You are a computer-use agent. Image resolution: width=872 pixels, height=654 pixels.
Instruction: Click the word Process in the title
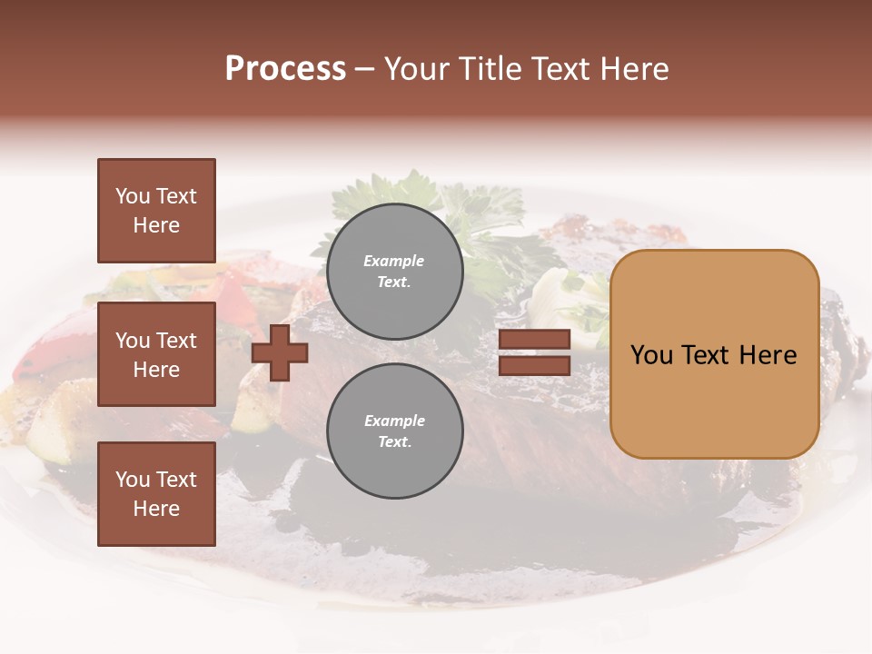(x=285, y=69)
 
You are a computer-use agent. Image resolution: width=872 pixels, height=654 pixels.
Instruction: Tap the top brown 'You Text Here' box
(x=156, y=211)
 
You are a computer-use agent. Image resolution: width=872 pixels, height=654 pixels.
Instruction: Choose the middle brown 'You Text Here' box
(x=156, y=354)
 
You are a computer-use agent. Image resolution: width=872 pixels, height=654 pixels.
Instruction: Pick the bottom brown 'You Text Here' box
(x=156, y=494)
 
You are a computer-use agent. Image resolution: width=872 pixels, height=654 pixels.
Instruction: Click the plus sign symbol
(x=280, y=352)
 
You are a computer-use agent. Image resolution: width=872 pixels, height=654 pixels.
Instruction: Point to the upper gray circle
(x=394, y=272)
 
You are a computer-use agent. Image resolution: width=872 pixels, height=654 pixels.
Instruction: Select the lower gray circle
(x=394, y=431)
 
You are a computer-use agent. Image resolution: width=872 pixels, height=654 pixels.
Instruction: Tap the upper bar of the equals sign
(x=534, y=340)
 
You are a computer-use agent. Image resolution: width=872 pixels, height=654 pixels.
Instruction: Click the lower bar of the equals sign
(x=534, y=366)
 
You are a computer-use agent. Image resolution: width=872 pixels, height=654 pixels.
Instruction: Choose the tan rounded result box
(x=714, y=354)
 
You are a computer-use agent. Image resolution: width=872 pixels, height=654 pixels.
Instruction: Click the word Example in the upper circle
(x=394, y=261)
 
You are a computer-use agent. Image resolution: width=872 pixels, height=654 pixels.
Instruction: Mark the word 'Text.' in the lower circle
(x=394, y=441)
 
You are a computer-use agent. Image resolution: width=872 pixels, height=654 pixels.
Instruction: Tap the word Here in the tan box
(x=768, y=355)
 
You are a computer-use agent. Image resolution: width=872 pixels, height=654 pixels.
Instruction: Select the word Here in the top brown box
(x=156, y=225)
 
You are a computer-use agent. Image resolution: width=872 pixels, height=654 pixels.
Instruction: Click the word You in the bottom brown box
(x=133, y=480)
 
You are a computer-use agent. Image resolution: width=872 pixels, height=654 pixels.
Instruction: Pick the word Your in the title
(x=419, y=69)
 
